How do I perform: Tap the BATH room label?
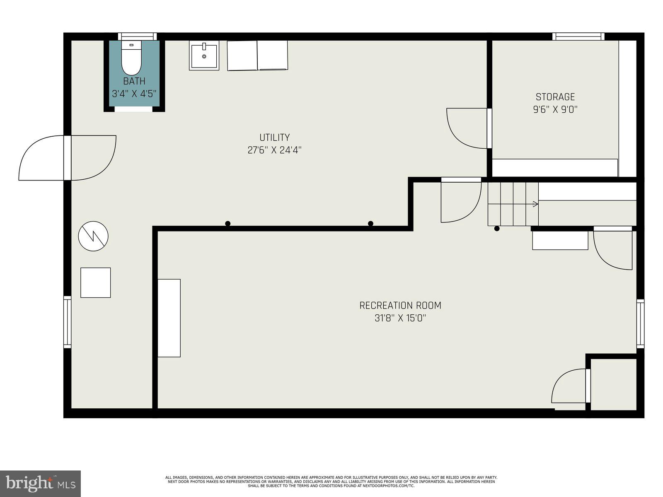134,81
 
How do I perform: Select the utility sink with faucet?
204,55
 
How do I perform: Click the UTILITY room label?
274,138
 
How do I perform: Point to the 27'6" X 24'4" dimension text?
274,150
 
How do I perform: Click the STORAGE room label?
555,97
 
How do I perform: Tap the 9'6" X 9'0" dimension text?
555,110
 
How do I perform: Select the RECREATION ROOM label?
400,306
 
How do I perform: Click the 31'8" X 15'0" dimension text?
400,318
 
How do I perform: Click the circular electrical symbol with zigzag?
93,236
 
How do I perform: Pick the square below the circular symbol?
95,282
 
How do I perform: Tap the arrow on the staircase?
535,204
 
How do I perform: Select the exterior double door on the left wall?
68,158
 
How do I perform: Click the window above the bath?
137,36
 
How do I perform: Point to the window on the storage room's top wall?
578,36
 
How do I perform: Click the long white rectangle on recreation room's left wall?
169,318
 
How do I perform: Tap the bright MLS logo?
40,483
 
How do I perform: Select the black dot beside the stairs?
497,228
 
